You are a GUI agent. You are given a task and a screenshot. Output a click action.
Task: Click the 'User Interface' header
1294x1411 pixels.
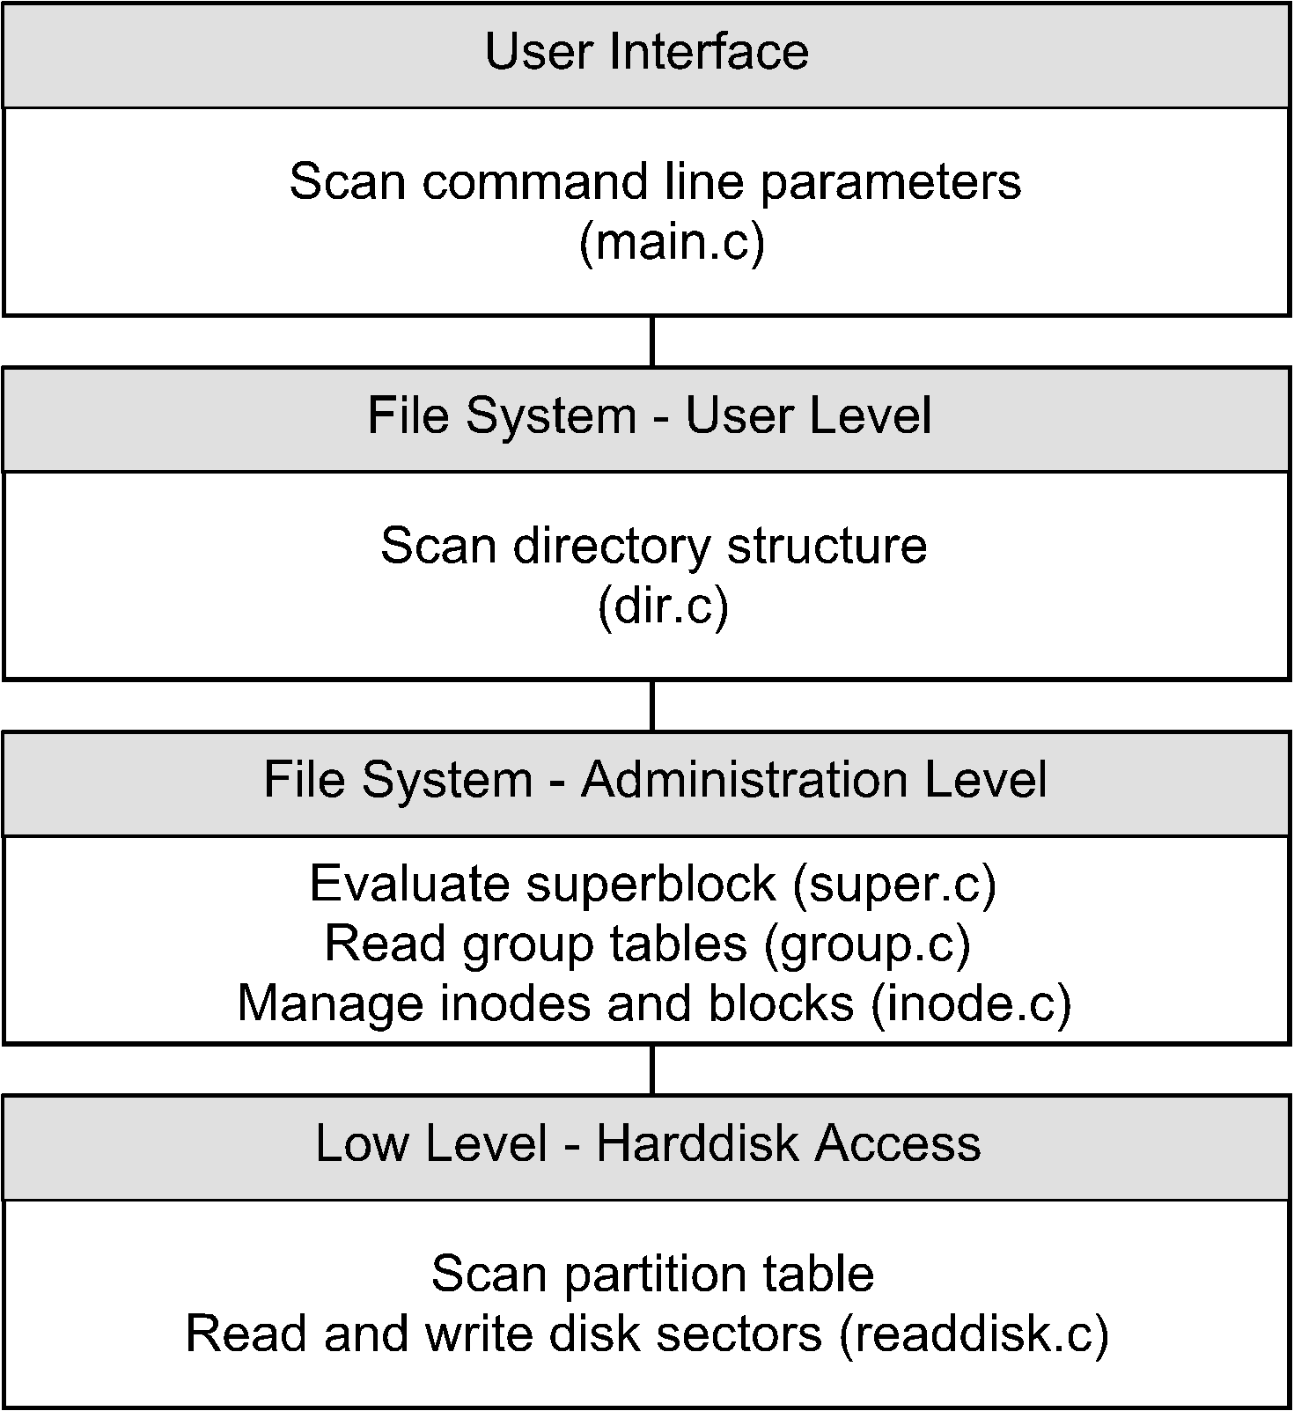point(646,51)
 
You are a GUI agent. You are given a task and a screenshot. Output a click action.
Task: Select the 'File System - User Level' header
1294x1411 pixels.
point(649,415)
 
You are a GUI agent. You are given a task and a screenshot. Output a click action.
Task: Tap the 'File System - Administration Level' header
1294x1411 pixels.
point(655,780)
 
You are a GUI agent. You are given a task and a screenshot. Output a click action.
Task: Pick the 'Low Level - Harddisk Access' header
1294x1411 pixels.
point(648,1143)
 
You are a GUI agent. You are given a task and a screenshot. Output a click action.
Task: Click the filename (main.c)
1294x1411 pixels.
point(672,242)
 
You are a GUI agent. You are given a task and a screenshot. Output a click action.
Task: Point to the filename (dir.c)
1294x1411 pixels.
point(663,606)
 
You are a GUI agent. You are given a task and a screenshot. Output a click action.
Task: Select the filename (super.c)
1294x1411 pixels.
point(894,883)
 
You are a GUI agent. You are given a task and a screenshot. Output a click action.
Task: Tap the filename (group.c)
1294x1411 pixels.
point(867,943)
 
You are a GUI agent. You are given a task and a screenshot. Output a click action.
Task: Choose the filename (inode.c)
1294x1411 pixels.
point(971,1003)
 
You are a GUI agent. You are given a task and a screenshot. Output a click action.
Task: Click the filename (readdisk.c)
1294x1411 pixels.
point(973,1333)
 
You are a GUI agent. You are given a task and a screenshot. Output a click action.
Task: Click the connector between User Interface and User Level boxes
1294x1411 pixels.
point(651,341)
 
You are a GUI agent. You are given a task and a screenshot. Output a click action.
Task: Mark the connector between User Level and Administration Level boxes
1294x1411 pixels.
point(651,705)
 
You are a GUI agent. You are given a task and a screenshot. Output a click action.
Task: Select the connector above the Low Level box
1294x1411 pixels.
point(651,1069)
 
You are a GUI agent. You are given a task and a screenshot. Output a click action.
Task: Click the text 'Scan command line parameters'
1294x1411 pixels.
point(655,182)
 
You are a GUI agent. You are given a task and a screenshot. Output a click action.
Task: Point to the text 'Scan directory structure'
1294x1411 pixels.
point(653,546)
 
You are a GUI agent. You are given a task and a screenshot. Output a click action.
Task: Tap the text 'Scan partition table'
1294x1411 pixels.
point(652,1274)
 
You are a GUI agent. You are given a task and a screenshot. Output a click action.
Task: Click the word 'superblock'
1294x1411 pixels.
point(651,883)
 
